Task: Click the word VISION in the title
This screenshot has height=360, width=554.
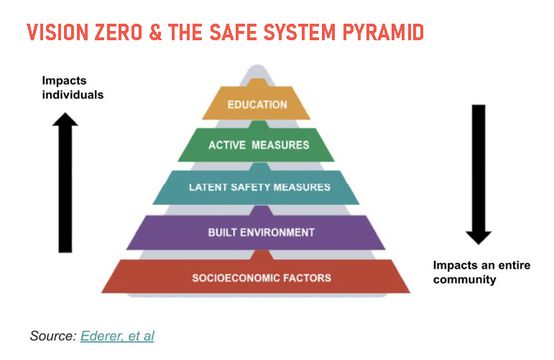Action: pos(57,32)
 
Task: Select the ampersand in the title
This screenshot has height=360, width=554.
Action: pos(155,32)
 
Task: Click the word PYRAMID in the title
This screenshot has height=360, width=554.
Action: pos(383,32)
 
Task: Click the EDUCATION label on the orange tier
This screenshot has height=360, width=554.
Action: pos(257,105)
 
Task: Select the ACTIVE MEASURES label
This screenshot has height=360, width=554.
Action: pos(259,145)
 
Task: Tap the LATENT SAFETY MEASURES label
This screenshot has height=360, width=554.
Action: pos(259,187)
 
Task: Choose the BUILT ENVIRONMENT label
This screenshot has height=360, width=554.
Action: pos(261,232)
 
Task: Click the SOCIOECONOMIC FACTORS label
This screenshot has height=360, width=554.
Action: pos(262,277)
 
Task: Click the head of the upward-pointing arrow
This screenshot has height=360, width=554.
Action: pos(65,119)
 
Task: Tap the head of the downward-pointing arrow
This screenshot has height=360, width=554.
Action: pos(479,238)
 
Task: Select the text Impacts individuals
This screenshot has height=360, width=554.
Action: pos(73,88)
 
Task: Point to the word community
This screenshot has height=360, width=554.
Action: pos(465,280)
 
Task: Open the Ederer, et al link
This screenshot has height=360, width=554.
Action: pos(117,336)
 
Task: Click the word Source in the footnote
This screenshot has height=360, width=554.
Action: pos(53,336)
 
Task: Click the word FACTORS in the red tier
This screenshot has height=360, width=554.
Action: pos(307,277)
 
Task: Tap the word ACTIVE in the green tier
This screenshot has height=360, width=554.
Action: pos(227,145)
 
